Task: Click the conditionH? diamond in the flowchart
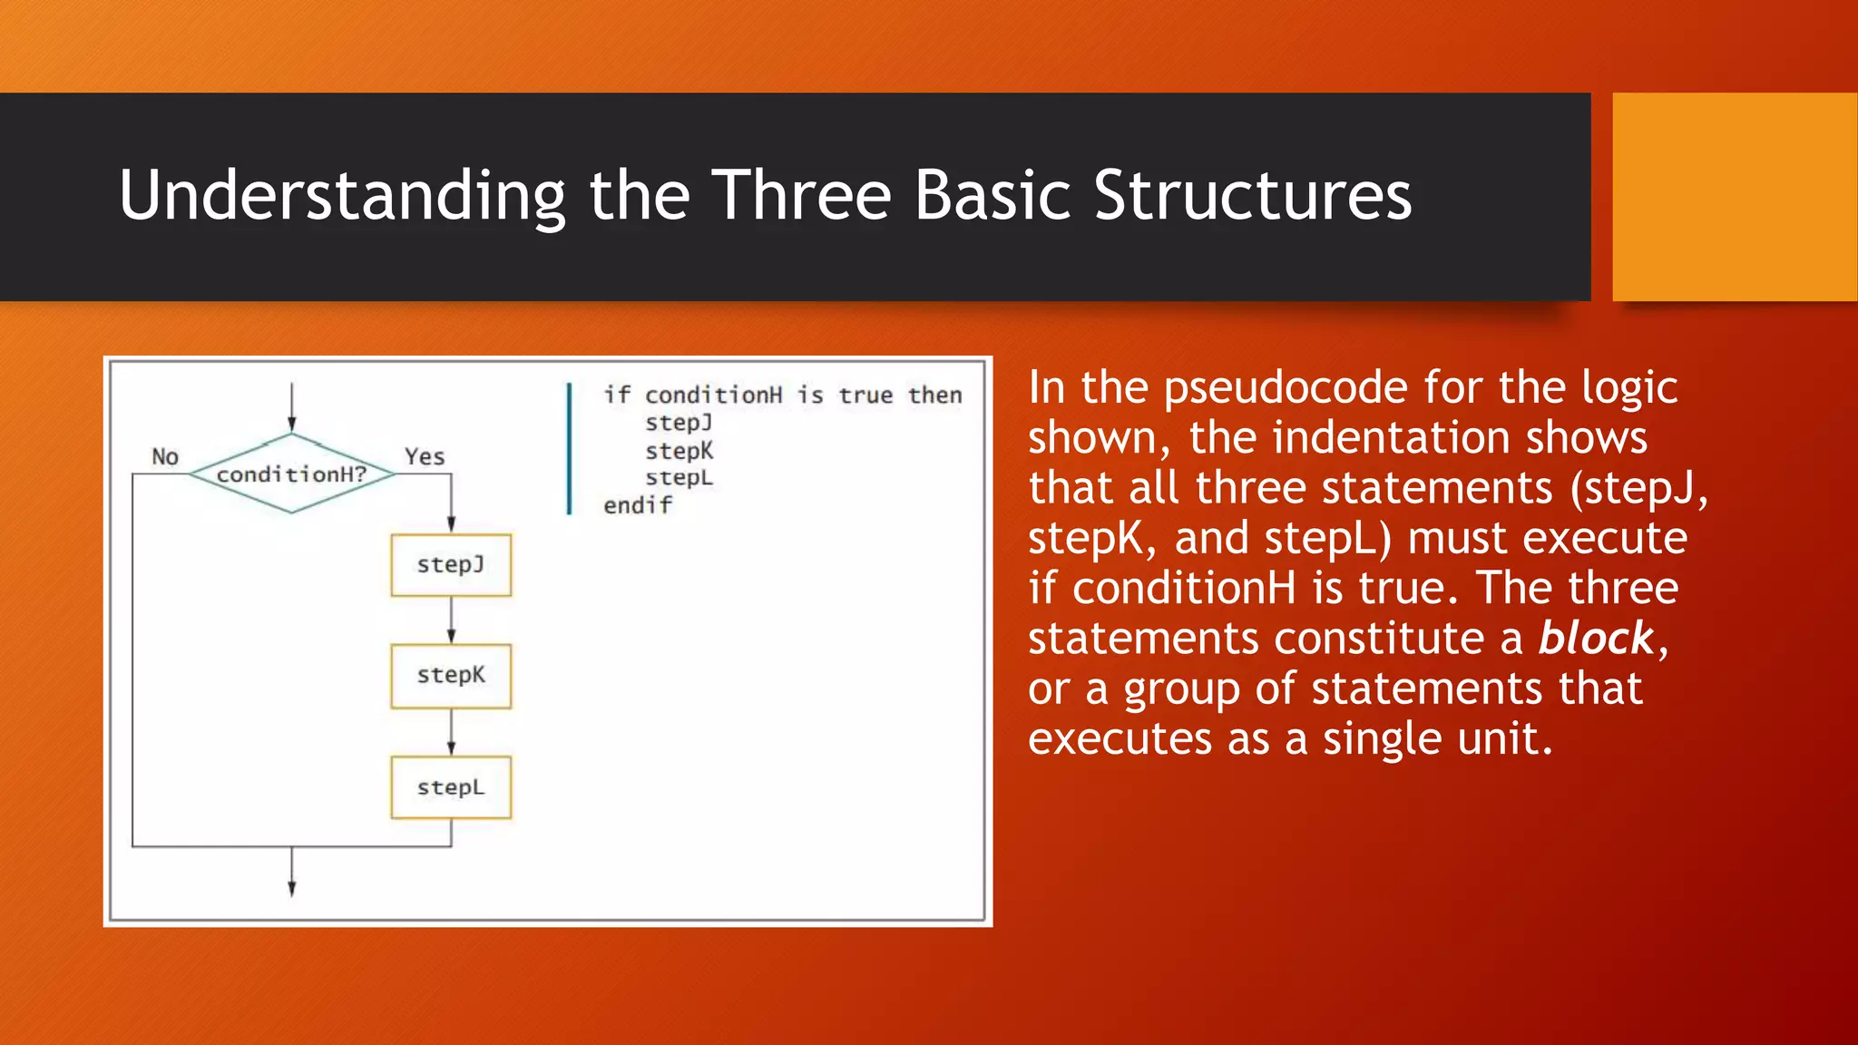tap(291, 474)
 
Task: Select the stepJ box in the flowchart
tap(451, 565)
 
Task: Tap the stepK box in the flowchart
tap(451, 676)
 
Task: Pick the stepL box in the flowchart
tap(451, 787)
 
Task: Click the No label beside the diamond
tap(165, 456)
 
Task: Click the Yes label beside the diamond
tap(425, 456)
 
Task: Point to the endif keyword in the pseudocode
tap(638, 505)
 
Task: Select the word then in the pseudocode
tap(934, 396)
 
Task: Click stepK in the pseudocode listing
tap(679, 451)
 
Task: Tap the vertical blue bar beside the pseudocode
tap(570, 449)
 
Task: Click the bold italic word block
tap(1597, 638)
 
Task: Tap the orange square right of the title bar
tap(1734, 197)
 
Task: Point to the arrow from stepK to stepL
tap(451, 732)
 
